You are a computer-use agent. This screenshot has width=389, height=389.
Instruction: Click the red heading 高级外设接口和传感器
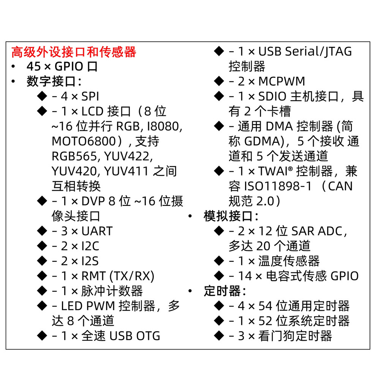click(74, 52)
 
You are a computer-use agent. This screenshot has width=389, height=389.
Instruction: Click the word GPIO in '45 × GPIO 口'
click(69, 66)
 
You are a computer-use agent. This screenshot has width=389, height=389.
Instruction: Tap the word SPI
click(90, 96)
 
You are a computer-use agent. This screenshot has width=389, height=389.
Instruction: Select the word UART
click(97, 231)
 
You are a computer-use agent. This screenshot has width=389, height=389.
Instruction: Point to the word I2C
click(90, 246)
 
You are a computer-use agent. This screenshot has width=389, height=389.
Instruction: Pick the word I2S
click(90, 261)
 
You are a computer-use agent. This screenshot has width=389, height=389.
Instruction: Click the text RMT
click(93, 276)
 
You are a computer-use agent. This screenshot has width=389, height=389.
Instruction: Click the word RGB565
click(74, 156)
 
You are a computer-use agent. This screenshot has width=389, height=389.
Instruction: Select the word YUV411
click(126, 171)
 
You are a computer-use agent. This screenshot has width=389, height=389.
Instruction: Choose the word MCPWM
click(281, 81)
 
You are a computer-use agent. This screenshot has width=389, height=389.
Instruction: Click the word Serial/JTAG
click(319, 52)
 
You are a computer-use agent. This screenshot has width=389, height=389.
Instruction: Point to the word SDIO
click(272, 96)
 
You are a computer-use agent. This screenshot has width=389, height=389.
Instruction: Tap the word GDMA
click(264, 141)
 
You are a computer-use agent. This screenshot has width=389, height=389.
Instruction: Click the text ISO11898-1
click(278, 186)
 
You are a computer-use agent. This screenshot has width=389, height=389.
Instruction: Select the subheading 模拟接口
click(228, 216)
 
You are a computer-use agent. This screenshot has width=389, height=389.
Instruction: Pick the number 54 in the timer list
click(266, 306)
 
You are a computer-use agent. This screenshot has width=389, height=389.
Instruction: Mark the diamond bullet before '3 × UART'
click(42, 231)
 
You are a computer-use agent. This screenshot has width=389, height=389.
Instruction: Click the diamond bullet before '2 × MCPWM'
click(219, 81)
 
